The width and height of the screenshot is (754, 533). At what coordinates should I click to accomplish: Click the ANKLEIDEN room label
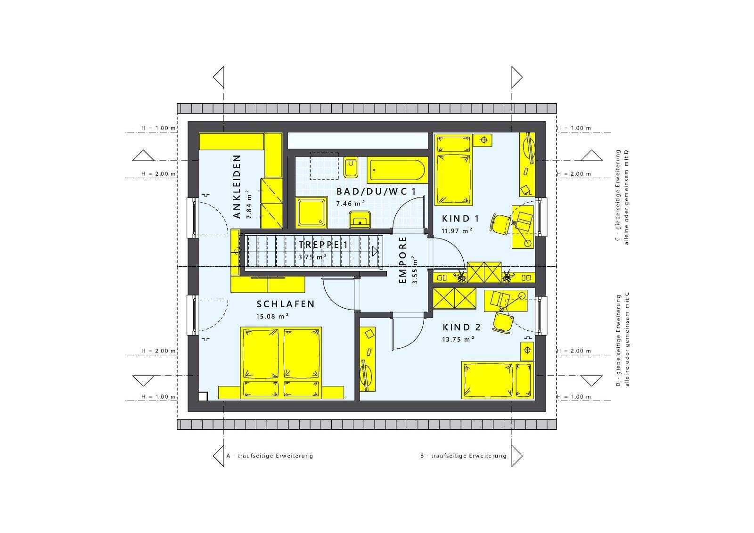[x=237, y=187]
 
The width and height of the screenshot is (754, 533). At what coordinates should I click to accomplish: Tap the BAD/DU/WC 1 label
[x=377, y=192]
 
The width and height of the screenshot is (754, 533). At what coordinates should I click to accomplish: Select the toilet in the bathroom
[x=351, y=167]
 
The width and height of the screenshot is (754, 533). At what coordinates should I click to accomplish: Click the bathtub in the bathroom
[x=397, y=170]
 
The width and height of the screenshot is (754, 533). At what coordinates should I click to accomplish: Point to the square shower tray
[x=311, y=213]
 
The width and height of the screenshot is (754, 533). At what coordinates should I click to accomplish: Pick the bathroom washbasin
[x=360, y=219]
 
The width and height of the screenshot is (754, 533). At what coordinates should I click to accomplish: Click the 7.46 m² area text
[x=351, y=204]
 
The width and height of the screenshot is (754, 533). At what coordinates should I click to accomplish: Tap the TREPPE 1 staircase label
[x=323, y=245]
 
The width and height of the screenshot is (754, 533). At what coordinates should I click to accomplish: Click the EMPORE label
[x=403, y=260]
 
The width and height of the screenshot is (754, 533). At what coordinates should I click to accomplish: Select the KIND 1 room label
[x=460, y=219]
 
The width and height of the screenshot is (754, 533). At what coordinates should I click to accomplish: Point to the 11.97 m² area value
[x=457, y=231]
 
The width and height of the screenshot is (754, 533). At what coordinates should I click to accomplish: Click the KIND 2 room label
[x=461, y=327]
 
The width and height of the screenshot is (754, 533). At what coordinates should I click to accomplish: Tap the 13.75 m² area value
[x=458, y=339]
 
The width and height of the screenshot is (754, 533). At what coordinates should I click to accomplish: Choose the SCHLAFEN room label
[x=286, y=304]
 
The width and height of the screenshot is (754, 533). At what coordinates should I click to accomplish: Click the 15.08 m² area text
[x=272, y=316]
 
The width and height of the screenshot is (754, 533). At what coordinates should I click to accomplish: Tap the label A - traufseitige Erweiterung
[x=270, y=456]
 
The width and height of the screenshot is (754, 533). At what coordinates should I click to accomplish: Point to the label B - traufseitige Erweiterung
[x=463, y=456]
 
